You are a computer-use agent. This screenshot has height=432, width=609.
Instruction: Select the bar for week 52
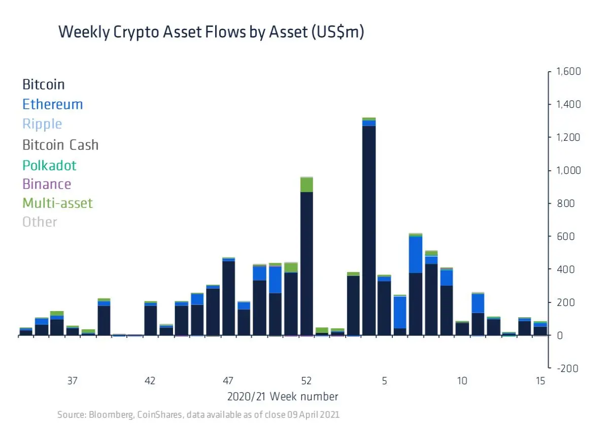pyautogui.click(x=307, y=257)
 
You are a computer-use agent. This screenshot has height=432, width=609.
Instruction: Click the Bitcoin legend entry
pyautogui.click(x=44, y=84)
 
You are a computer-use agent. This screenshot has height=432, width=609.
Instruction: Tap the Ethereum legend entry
pyautogui.click(x=53, y=104)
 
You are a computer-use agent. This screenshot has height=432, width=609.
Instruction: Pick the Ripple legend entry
pyautogui.click(x=43, y=125)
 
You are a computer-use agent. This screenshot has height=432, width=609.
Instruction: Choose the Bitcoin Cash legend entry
pyautogui.click(x=60, y=145)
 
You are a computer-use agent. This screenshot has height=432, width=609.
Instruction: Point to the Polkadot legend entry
pyautogui.click(x=50, y=165)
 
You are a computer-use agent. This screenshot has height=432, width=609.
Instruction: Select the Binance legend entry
pyautogui.click(x=47, y=184)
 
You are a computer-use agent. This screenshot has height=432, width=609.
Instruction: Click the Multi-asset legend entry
pyautogui.click(x=58, y=203)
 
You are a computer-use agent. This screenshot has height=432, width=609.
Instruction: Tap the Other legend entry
pyautogui.click(x=40, y=222)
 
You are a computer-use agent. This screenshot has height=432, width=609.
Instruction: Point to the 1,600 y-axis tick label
pyautogui.click(x=568, y=71)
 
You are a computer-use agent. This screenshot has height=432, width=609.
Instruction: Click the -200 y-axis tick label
pyautogui.click(x=568, y=368)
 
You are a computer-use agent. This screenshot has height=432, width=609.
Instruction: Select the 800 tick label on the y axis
pyautogui.click(x=566, y=203)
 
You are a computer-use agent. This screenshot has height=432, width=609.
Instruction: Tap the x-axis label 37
pyautogui.click(x=72, y=381)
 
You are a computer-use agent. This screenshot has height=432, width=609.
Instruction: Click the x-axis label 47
pyautogui.click(x=228, y=381)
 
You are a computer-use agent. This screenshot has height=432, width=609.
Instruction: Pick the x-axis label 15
pyautogui.click(x=540, y=381)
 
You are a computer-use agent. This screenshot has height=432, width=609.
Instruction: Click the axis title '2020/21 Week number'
pyautogui.click(x=283, y=396)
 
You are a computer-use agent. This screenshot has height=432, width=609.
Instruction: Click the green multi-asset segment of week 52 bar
pyautogui.click(x=307, y=185)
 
